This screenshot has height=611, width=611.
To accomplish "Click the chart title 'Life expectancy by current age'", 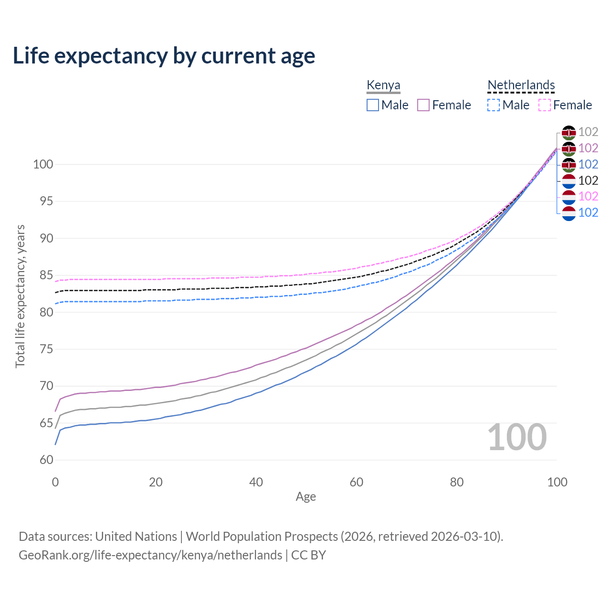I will tap(164, 56).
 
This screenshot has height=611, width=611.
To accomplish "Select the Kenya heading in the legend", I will tap(383, 85).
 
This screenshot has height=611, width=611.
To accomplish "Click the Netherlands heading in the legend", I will tap(521, 85).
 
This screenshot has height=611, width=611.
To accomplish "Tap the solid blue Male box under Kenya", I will tap(373, 105).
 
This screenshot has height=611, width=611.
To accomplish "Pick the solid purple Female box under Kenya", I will tap(423, 105).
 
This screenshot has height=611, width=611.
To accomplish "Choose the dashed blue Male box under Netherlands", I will tap(494, 105).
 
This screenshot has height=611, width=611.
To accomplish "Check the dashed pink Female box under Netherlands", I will tap(545, 105).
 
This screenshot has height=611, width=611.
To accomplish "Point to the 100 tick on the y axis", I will tap(42, 165).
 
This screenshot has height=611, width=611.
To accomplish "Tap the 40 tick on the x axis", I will tap(256, 482).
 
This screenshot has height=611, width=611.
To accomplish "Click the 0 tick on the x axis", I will tap(55, 482).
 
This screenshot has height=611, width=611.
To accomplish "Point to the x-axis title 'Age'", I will tap(305, 497).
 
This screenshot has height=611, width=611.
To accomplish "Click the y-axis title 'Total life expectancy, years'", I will tap(20, 296).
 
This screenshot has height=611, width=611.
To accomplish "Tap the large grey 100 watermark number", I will tap(517, 437).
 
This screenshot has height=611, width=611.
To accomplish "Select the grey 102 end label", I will tap(588, 132).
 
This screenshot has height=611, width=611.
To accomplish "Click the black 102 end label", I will tap(588, 180).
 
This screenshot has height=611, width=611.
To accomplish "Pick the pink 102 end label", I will tap(588, 196).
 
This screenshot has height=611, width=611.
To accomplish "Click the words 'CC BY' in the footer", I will tap(308, 555).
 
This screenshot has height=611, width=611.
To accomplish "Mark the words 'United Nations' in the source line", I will tap(136, 537).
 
